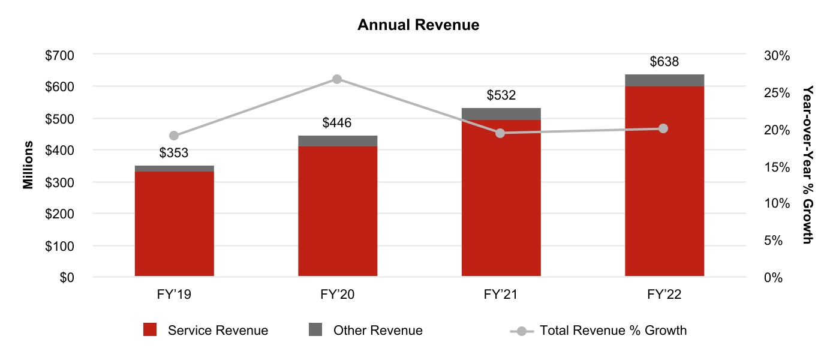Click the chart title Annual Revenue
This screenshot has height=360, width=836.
tap(418, 25)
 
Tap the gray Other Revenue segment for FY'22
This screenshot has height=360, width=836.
tap(664, 80)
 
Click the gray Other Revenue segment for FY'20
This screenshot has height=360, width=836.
tap(338, 141)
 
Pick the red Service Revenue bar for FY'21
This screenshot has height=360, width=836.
tap(501, 198)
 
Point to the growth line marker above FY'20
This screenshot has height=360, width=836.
tap(337, 79)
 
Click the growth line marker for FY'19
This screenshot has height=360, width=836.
tap(174, 136)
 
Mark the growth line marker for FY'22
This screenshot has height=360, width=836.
tap(663, 128)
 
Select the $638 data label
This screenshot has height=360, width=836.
tap(664, 62)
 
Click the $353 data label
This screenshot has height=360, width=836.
tap(174, 153)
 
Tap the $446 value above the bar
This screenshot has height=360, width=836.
tap(337, 123)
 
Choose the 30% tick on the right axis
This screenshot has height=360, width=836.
tap(778, 55)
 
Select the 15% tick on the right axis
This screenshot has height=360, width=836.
tap(778, 167)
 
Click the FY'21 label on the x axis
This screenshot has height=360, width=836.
tap(501, 295)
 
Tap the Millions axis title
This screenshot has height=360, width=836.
tap(28, 166)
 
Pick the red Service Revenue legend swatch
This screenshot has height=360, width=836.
tap(150, 330)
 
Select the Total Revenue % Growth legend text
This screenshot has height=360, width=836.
tap(613, 331)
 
